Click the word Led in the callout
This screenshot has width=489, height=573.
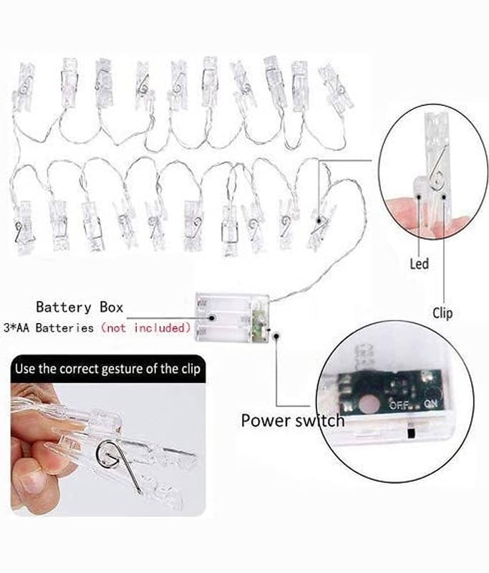coord(420,264)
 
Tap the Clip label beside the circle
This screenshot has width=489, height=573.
coord(442,312)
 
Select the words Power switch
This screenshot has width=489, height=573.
coord(292,420)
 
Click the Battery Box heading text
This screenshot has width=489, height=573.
coord(79,308)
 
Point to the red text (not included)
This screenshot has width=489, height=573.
coord(146,328)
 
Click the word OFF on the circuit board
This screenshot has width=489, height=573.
coord(398,405)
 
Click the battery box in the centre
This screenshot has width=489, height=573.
coord(232,317)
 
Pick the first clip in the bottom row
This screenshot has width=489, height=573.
coord(24,227)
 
